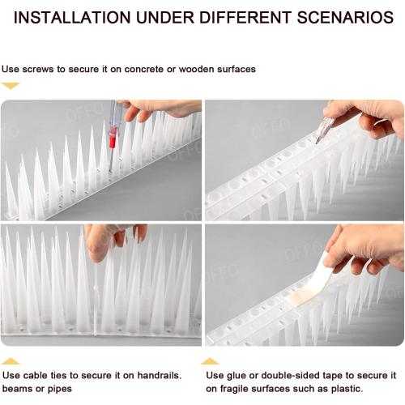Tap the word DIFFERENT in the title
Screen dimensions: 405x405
[x=253, y=17]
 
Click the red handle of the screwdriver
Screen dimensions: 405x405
[x=113, y=138]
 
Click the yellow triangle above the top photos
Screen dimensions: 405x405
[x=11, y=85]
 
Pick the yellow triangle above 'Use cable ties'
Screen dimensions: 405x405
[x=11, y=360]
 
